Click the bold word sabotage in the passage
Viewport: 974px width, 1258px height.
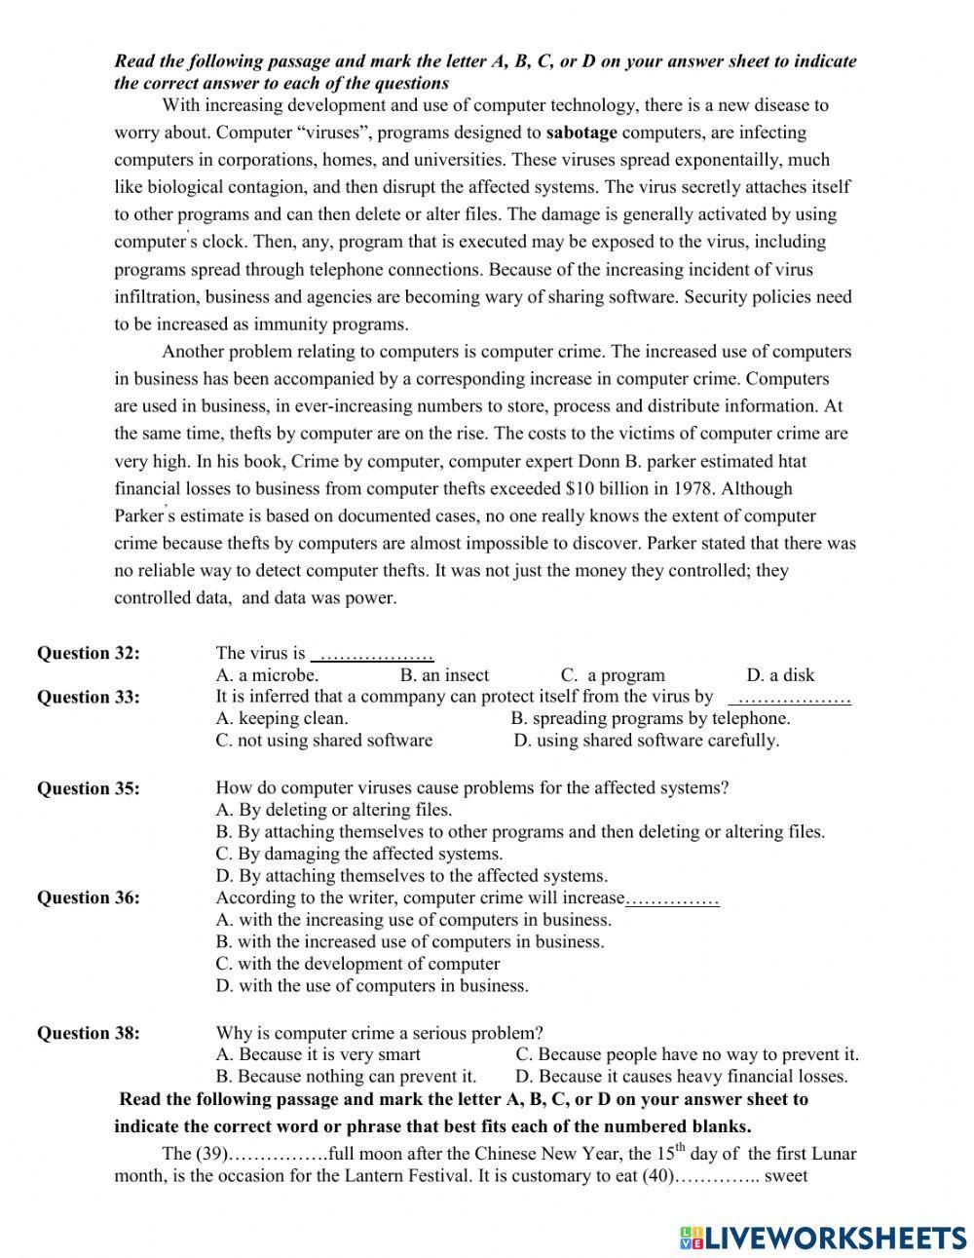581,133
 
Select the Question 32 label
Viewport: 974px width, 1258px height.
88,653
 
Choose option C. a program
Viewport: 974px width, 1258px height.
613,675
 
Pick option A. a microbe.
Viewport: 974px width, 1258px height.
267,675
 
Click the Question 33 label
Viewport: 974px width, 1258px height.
88,697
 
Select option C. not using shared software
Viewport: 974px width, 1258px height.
323,741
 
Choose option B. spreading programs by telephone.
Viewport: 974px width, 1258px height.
650,718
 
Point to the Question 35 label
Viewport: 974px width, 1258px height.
88,788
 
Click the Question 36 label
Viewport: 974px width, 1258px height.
88,897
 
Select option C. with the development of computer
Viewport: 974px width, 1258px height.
357,964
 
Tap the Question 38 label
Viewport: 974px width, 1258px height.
88,1033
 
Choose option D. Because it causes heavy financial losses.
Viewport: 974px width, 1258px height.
681,1077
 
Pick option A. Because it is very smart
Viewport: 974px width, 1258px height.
318,1054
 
